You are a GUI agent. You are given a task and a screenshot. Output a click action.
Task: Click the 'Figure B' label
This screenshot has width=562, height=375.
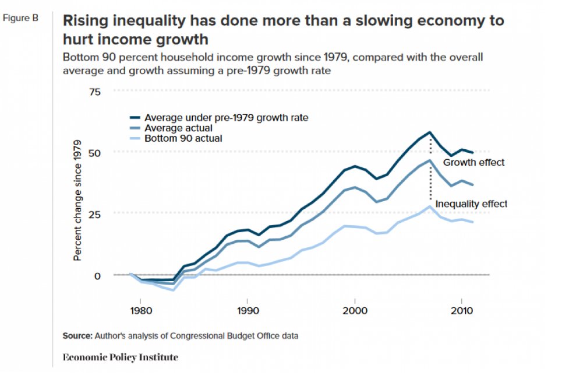click(20, 18)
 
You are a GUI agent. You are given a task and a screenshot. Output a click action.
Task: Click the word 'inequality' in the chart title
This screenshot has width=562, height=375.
click(130, 22)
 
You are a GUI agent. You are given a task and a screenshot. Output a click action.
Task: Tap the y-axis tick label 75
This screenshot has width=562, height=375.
click(94, 92)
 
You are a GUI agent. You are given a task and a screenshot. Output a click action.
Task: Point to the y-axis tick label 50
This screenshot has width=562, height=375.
click(94, 152)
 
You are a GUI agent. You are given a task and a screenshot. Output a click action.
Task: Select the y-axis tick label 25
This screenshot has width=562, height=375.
click(94, 213)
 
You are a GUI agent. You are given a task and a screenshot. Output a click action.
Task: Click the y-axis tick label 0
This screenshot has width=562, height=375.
click(97, 275)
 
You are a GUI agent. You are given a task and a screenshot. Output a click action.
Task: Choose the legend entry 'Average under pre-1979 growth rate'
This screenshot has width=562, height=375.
click(226, 117)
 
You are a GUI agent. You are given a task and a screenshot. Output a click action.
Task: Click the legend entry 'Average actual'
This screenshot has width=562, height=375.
click(178, 128)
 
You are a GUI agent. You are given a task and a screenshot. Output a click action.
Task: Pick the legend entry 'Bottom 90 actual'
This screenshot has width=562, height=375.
click(183, 138)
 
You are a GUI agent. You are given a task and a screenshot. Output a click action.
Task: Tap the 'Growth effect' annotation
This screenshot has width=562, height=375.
click(473, 163)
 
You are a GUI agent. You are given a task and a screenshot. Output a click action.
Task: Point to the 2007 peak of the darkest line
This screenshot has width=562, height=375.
click(430, 132)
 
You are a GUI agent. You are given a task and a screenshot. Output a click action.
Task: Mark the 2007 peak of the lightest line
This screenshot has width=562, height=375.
click(430, 206)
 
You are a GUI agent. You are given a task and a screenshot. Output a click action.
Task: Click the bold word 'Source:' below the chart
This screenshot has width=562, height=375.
click(77, 336)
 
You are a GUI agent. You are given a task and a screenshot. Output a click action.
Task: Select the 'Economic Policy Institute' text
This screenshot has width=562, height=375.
click(119, 356)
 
